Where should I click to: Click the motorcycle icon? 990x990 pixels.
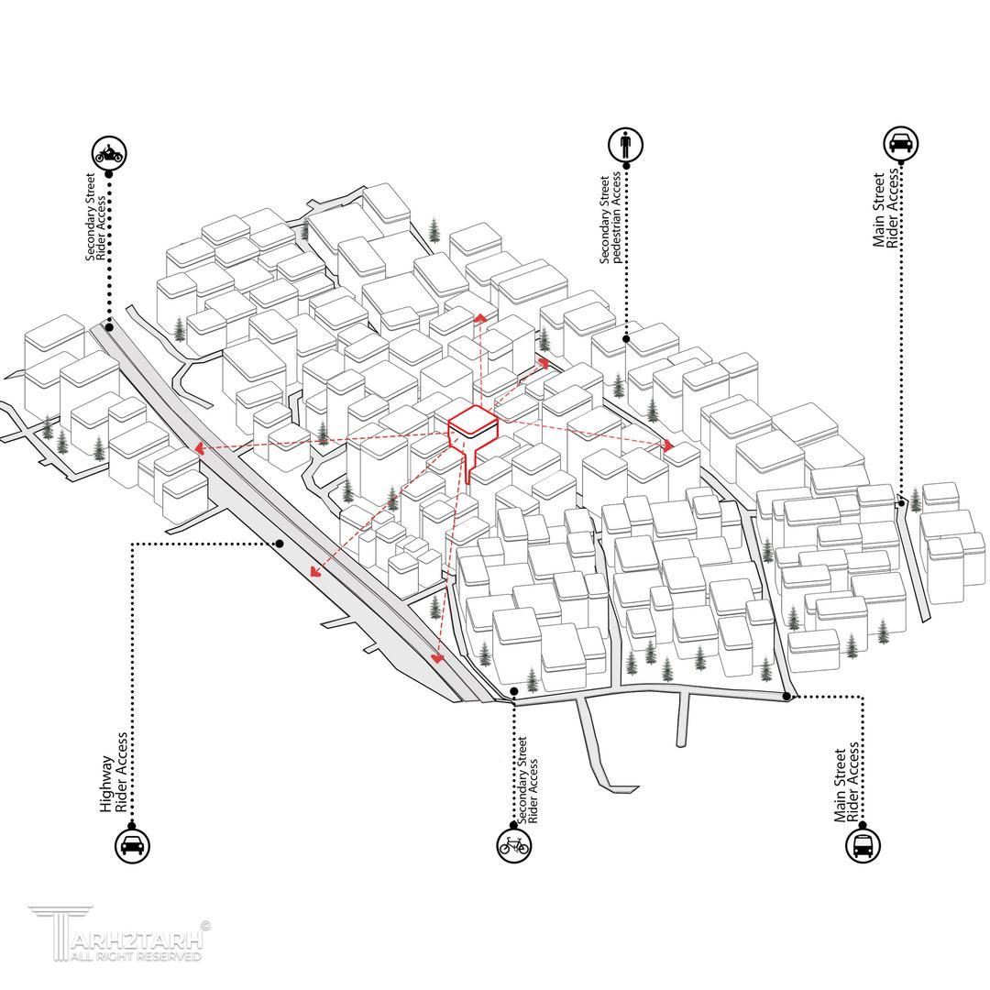tap(111, 153)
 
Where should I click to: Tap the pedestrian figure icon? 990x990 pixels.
tap(626, 145)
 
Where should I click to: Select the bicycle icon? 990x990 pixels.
tap(514, 844)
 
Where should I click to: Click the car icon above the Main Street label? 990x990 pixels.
tap(900, 144)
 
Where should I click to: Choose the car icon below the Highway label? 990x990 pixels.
tap(132, 845)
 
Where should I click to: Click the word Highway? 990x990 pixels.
tap(106, 784)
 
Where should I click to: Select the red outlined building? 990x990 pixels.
tap(473, 436)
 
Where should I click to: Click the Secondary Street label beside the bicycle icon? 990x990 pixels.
tap(522, 780)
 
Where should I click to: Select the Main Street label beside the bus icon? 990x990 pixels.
tap(840, 786)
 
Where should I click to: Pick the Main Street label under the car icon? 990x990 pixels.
tap(878, 210)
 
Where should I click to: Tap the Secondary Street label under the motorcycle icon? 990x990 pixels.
tap(90, 216)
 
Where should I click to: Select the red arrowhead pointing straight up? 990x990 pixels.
tap(481, 317)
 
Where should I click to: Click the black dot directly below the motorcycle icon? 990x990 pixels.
tap(109, 174)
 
